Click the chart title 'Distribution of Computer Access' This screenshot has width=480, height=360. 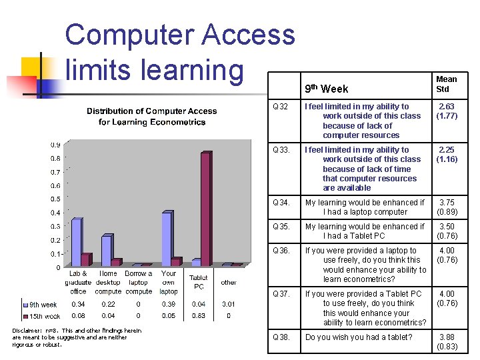152,111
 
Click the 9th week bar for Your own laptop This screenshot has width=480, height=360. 167,239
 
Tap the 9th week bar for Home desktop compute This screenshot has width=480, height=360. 106,251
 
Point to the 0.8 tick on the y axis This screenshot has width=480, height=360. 57,159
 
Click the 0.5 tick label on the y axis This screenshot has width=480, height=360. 57,199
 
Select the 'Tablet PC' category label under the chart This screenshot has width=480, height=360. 198,282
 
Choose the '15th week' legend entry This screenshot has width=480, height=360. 44,316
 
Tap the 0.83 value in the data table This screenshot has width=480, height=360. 198,316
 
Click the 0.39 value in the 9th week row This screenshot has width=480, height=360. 168,305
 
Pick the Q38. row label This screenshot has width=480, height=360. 282,337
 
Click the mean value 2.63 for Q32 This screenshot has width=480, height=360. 446,107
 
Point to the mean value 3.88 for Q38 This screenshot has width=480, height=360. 446,337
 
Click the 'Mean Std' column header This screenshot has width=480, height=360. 446,84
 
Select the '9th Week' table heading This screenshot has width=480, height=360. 326,89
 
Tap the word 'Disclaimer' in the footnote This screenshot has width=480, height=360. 28,331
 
